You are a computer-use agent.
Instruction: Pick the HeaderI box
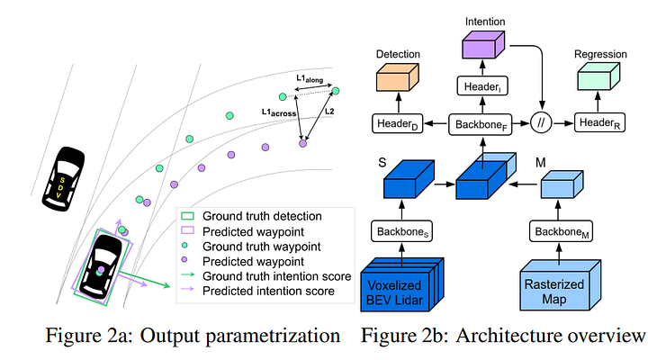point(484,85)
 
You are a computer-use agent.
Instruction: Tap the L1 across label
point(280,112)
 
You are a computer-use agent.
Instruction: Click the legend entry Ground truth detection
point(262,217)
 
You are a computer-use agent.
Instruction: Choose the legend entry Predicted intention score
point(268,291)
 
